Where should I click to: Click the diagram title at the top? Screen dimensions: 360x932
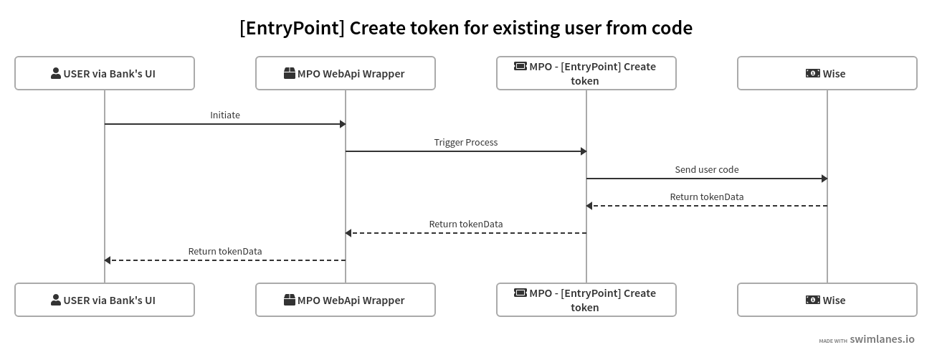pyautogui.click(x=466, y=28)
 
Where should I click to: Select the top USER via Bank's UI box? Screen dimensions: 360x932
pyautogui.click(x=105, y=73)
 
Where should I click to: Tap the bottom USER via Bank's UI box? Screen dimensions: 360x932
pyautogui.click(x=105, y=300)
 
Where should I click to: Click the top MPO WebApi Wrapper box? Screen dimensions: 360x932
pyautogui.click(x=346, y=73)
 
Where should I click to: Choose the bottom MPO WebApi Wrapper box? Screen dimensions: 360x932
pyautogui.click(x=346, y=300)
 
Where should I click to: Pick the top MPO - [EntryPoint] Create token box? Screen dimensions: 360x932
pyautogui.click(x=586, y=73)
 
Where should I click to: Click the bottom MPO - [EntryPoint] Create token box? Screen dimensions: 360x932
pyautogui.click(x=586, y=300)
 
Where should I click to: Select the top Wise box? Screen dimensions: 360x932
pyautogui.click(x=827, y=73)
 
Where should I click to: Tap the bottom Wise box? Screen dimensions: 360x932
pyautogui.click(x=827, y=300)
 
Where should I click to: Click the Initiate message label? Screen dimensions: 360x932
pyautogui.click(x=225, y=115)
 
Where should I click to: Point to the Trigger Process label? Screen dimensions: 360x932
pyautogui.click(x=466, y=142)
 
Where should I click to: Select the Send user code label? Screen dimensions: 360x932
pyautogui.click(x=707, y=169)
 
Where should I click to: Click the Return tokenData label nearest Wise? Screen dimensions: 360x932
pyautogui.click(x=707, y=196)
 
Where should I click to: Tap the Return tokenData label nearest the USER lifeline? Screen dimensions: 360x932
pyautogui.click(x=225, y=251)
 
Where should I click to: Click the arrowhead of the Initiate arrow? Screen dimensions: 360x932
pyautogui.click(x=343, y=124)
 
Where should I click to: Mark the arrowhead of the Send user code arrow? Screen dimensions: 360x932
pyautogui.click(x=824, y=179)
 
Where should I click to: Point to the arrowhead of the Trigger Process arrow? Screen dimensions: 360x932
pyautogui.click(x=584, y=151)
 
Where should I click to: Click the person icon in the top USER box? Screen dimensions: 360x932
pyautogui.click(x=56, y=73)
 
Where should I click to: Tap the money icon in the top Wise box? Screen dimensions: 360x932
pyautogui.click(x=813, y=73)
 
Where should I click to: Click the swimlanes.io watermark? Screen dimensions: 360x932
pyautogui.click(x=881, y=340)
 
